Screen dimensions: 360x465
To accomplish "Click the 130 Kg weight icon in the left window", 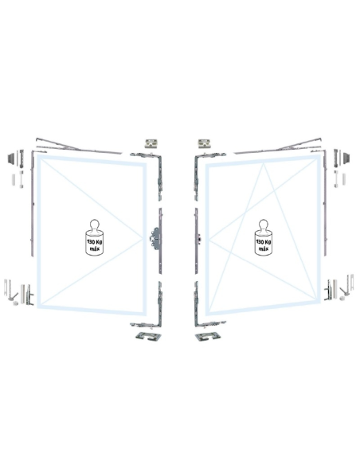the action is point(95,237).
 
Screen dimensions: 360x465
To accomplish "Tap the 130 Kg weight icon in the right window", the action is point(264,237).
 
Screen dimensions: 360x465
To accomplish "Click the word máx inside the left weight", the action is point(95,248).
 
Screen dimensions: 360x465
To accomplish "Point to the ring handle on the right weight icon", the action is point(264,225).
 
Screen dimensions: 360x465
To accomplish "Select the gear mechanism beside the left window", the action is point(155,237).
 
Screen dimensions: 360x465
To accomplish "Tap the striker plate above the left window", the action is point(151,143).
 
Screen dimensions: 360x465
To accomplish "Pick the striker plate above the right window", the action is point(205,143).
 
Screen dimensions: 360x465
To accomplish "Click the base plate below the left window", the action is point(148,337).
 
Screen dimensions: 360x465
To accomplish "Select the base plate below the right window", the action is point(208,337).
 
